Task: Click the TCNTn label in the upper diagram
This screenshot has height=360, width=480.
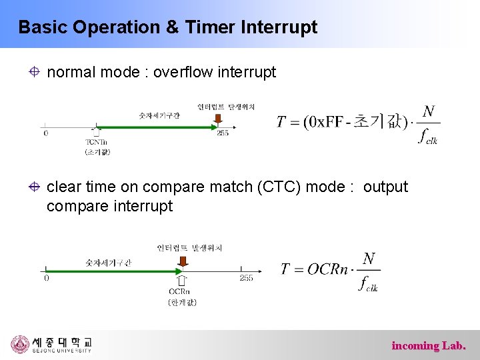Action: [97, 141]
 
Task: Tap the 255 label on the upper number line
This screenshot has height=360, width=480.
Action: [222, 133]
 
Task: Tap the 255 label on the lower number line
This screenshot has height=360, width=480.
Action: [246, 278]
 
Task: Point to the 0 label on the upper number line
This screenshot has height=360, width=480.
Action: [45, 133]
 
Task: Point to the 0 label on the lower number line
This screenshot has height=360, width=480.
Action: [46, 278]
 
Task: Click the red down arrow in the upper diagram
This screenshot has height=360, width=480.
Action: [217, 120]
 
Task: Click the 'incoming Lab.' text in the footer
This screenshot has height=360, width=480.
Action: [429, 345]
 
